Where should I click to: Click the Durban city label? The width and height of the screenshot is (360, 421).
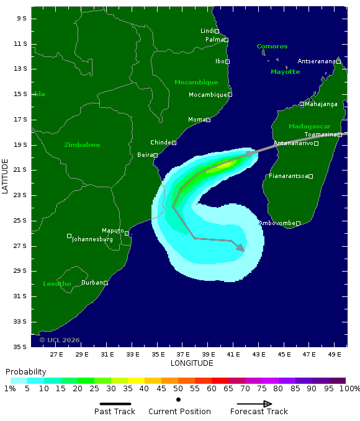(x=92, y=282)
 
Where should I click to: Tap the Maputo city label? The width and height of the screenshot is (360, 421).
(x=112, y=230)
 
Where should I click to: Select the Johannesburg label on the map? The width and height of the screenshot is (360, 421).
(x=92, y=239)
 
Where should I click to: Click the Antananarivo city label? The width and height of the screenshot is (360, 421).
(x=293, y=143)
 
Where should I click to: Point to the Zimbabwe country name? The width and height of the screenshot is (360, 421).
(x=82, y=144)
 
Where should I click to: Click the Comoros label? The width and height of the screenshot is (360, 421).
(x=272, y=47)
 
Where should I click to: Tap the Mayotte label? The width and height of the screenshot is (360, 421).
(x=285, y=72)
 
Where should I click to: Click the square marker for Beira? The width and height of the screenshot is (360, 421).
(x=155, y=155)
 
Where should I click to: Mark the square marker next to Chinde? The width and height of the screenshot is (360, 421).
(x=174, y=143)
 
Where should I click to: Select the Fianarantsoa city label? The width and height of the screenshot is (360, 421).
(x=288, y=176)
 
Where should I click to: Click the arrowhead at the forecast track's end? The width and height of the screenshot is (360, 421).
(x=241, y=248)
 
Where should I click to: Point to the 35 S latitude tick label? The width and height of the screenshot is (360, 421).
(x=20, y=347)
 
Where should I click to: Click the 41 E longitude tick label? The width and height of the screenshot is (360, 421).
(x=233, y=355)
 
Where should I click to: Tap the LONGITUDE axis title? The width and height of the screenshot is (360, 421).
(x=192, y=363)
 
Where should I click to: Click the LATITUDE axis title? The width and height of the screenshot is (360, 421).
(x=6, y=176)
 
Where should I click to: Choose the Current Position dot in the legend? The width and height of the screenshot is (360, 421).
(x=179, y=400)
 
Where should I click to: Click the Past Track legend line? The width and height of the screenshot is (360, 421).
(x=115, y=404)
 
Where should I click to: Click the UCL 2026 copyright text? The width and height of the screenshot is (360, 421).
(x=60, y=340)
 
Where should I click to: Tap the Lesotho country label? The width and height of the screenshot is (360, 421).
(x=56, y=284)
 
